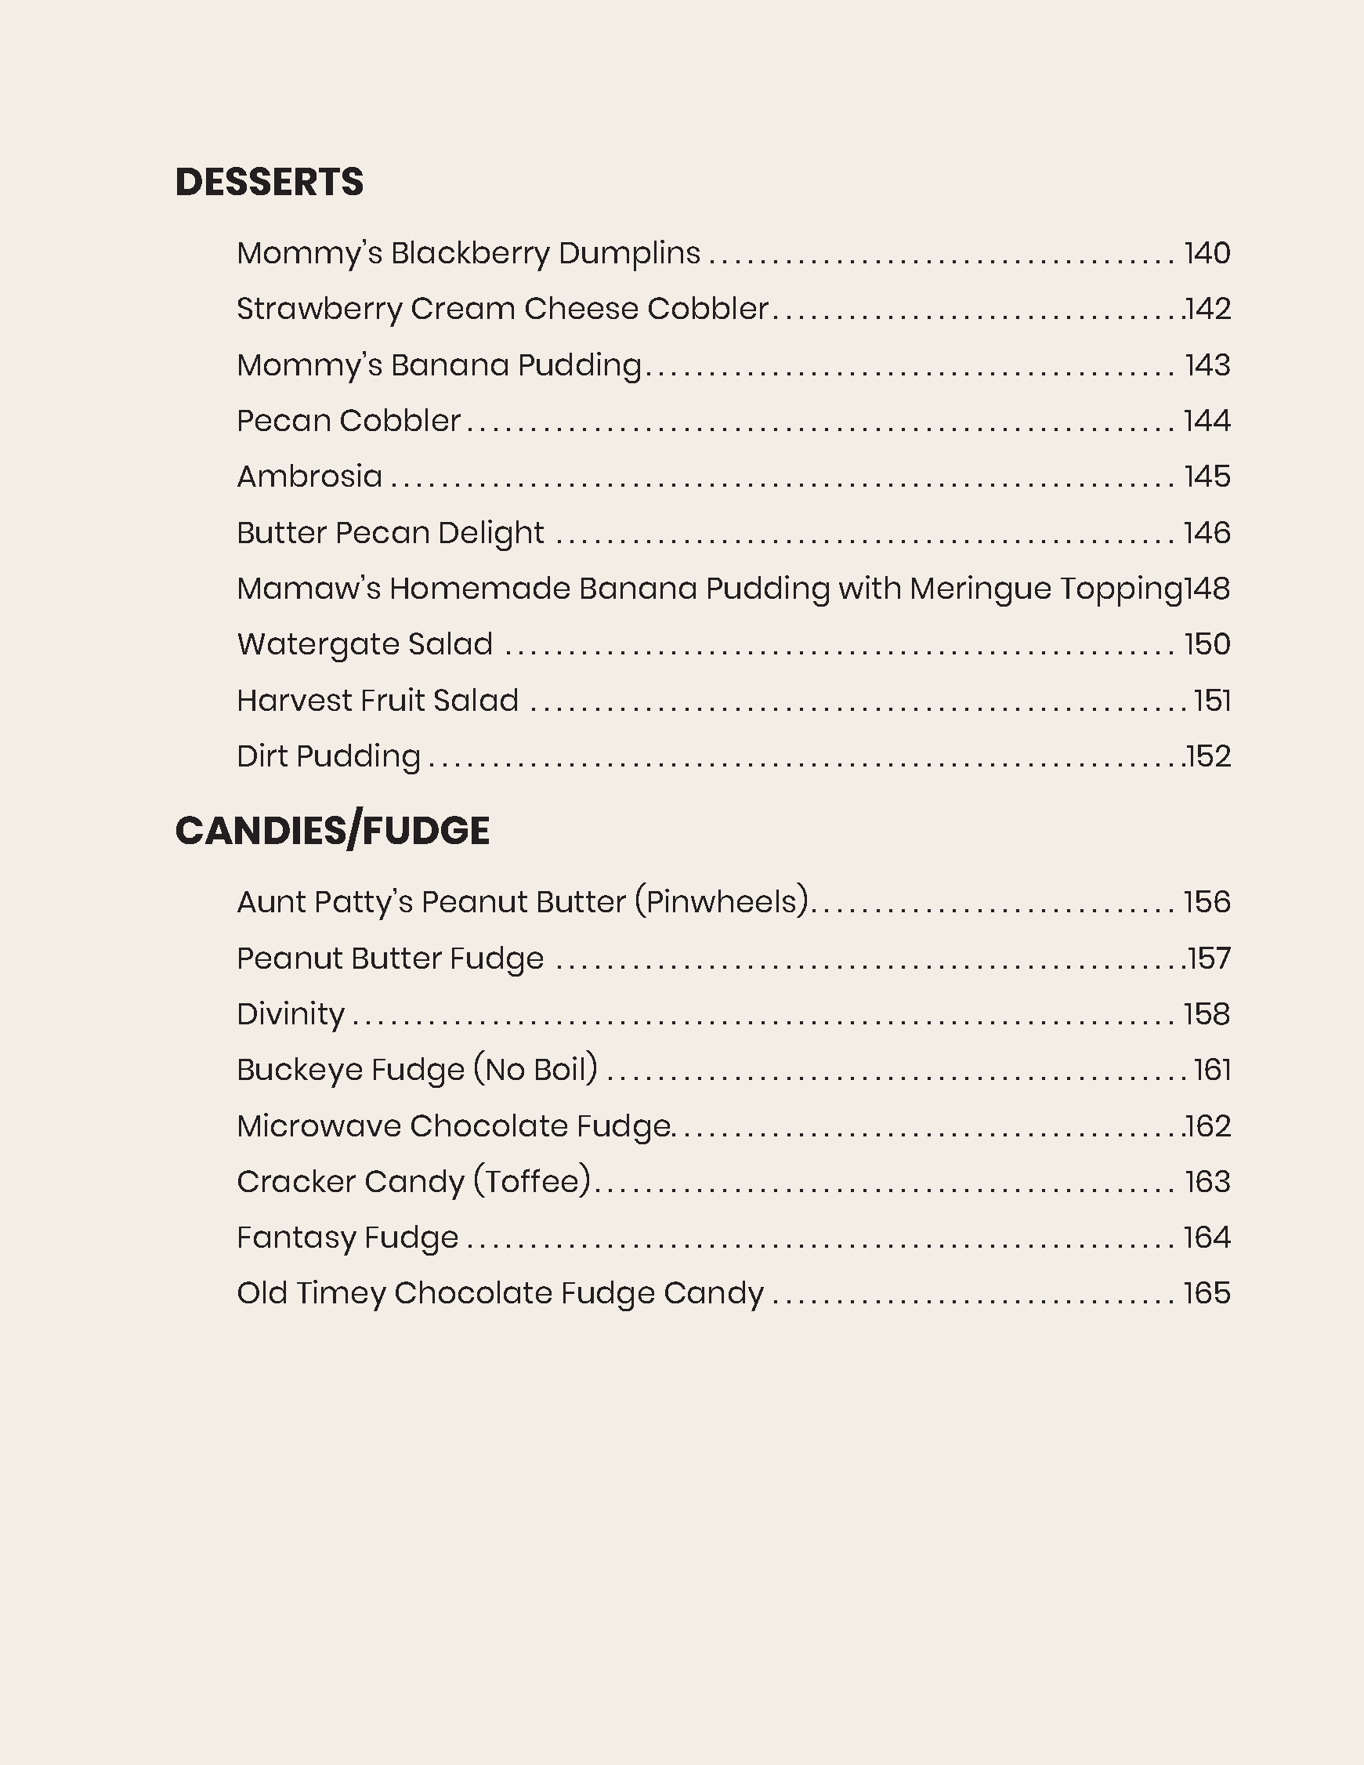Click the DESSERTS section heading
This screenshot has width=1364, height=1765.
[269, 182]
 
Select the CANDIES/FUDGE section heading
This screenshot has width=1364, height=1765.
[332, 832]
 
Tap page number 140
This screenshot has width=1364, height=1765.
[1207, 254]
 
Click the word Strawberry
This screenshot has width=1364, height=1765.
[318, 310]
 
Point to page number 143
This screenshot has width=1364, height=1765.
[1207, 365]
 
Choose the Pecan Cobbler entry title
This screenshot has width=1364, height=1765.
[349, 421]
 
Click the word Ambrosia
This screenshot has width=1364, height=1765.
[309, 477]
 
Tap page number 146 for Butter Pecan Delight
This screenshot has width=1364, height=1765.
[1207, 534]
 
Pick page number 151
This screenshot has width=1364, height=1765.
[1212, 701]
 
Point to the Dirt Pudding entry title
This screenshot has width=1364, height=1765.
[328, 757]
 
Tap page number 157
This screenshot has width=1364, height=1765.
[1209, 959]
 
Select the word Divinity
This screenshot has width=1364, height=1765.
[291, 1014]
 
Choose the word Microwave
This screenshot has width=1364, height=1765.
[318, 1126]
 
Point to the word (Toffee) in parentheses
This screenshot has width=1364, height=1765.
[533, 1183]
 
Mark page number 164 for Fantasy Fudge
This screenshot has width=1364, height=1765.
[1207, 1238]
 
